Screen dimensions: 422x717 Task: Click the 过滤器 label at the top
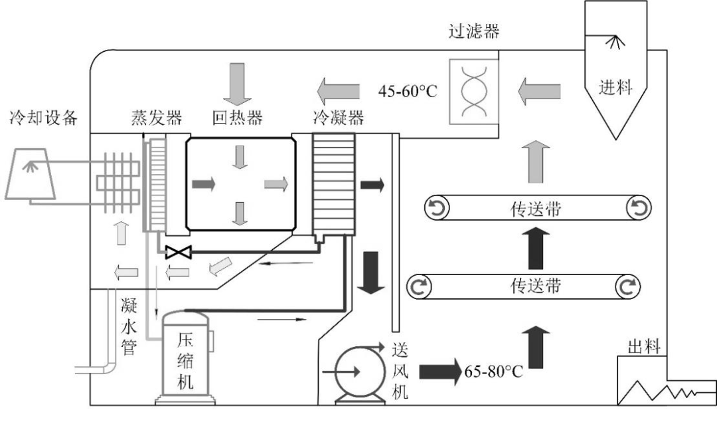point(473,31)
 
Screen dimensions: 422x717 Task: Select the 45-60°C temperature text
point(408,90)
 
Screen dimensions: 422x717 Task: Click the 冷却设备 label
point(43,118)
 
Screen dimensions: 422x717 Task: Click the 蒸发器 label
point(155,118)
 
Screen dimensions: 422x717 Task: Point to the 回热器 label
point(237,118)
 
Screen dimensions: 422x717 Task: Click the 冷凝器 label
point(338,118)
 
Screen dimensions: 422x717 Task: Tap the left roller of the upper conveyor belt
point(438,210)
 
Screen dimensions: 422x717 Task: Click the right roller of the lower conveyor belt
point(627,287)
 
